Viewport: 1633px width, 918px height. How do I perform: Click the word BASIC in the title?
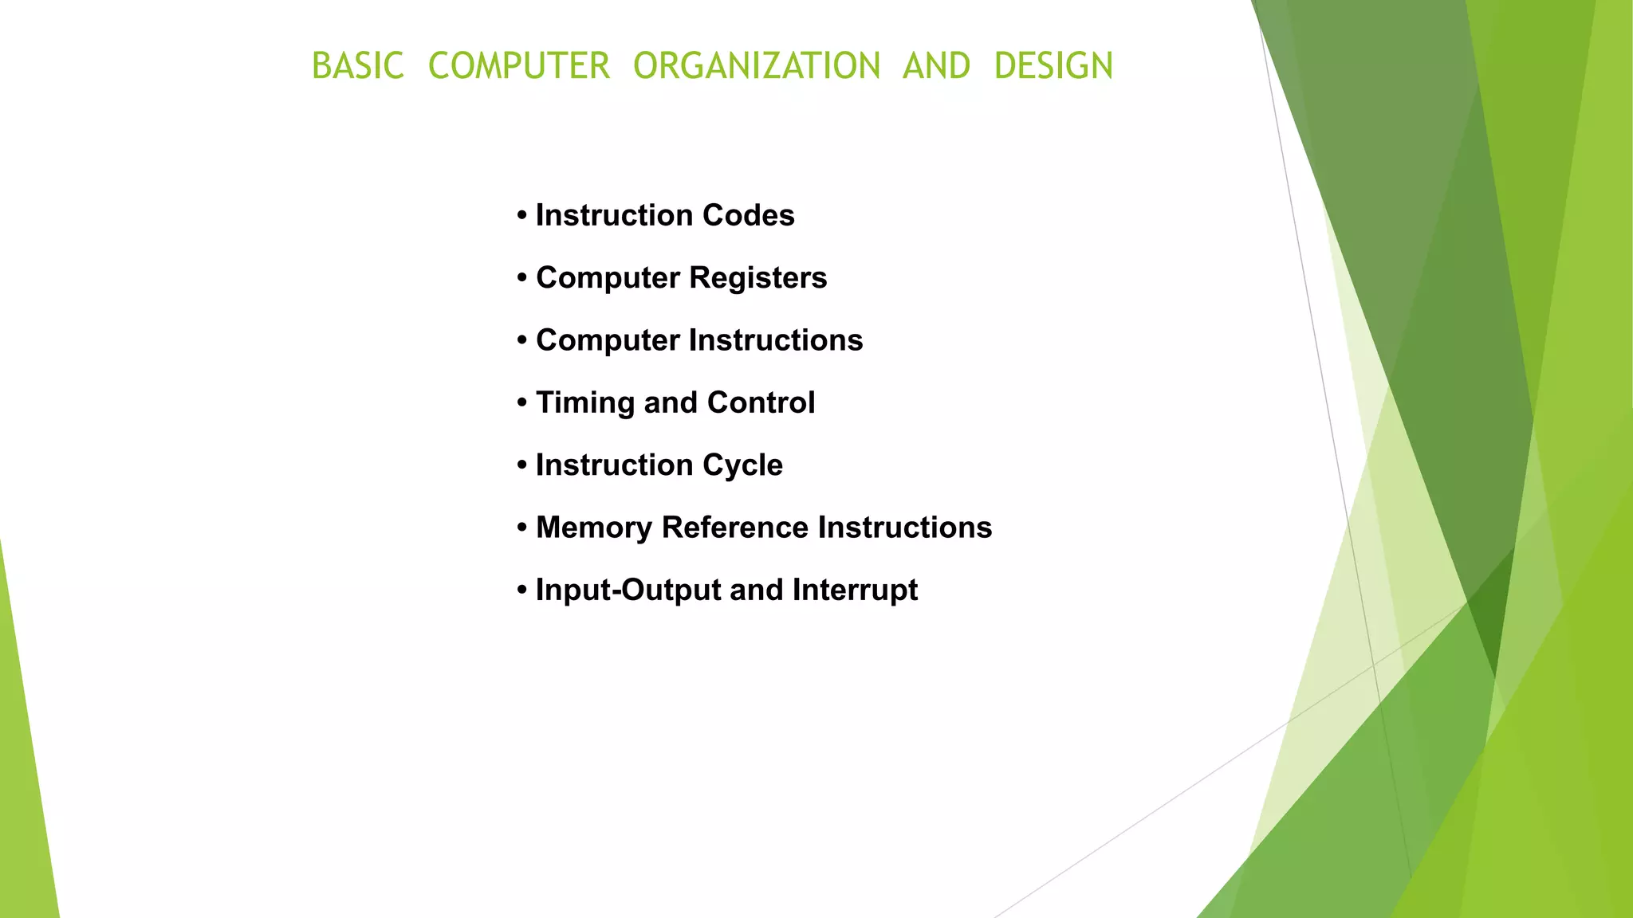(x=358, y=66)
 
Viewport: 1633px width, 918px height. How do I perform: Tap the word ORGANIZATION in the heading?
(x=757, y=66)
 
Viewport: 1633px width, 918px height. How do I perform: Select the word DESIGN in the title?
(x=1053, y=66)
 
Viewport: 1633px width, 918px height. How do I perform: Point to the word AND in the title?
(x=936, y=66)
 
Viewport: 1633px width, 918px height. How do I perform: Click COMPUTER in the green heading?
(x=519, y=66)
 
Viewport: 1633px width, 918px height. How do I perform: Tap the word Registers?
(x=757, y=278)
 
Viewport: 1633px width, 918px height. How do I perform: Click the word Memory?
(x=593, y=528)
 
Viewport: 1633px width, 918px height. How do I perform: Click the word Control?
(x=761, y=402)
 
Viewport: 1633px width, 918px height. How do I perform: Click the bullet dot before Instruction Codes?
(x=522, y=216)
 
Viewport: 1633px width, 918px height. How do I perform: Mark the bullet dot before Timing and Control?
(x=522, y=403)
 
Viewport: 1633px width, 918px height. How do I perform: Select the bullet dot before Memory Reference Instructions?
(x=522, y=528)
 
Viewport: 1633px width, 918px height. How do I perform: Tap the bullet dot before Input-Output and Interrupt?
(x=522, y=590)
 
